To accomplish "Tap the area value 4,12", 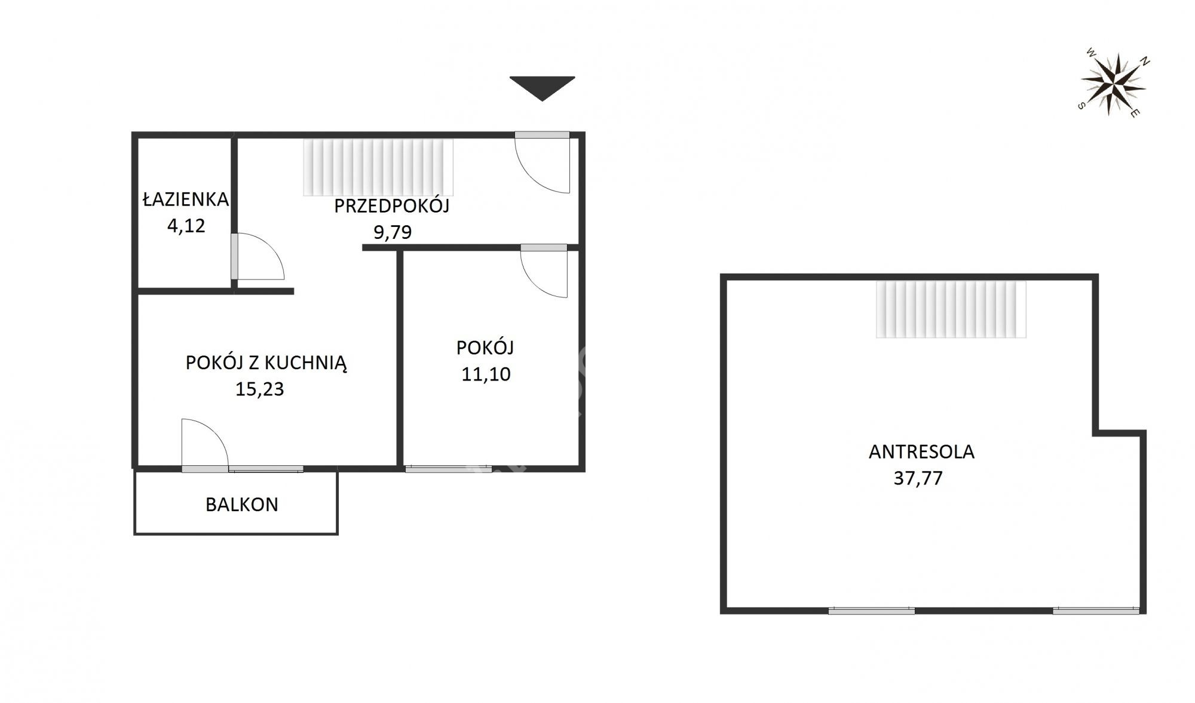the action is point(186,226).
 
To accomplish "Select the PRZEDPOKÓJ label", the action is point(391,205).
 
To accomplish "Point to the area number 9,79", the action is point(393,232).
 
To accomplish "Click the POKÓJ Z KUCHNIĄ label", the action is point(266,363).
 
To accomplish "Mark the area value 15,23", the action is point(259,389).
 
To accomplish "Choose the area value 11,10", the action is point(486,374).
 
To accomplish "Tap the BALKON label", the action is point(242,504).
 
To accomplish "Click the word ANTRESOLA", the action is point(921,452).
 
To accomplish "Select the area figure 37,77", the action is point(918,478).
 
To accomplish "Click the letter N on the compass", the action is point(1145,61).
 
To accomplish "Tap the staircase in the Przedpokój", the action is point(378,167).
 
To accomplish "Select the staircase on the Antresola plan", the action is point(951,309).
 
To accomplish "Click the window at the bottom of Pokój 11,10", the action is point(448,469).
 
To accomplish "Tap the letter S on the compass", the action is point(1081,106).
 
